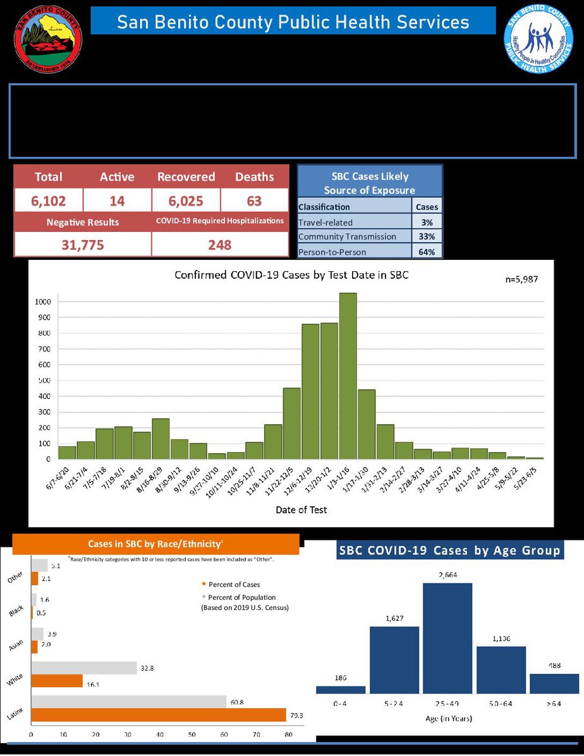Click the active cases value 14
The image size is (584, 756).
pyautogui.click(x=117, y=201)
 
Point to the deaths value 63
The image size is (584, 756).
pyautogui.click(x=255, y=201)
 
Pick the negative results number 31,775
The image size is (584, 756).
pyautogui.click(x=83, y=245)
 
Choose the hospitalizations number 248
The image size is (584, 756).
pyautogui.click(x=220, y=245)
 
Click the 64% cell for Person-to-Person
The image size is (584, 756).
pyautogui.click(x=428, y=251)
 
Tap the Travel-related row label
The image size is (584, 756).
pyautogui.click(x=325, y=223)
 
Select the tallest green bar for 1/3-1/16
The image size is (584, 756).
pyautogui.click(x=348, y=376)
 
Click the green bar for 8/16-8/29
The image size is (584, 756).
pyautogui.click(x=161, y=439)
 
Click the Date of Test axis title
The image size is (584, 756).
pyautogui.click(x=301, y=509)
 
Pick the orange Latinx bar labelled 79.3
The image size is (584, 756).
pyautogui.click(x=158, y=714)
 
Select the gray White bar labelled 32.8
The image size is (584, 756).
pyautogui.click(x=83, y=668)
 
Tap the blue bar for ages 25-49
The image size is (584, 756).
pyautogui.click(x=447, y=638)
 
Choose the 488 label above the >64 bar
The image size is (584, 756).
pyautogui.click(x=554, y=666)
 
